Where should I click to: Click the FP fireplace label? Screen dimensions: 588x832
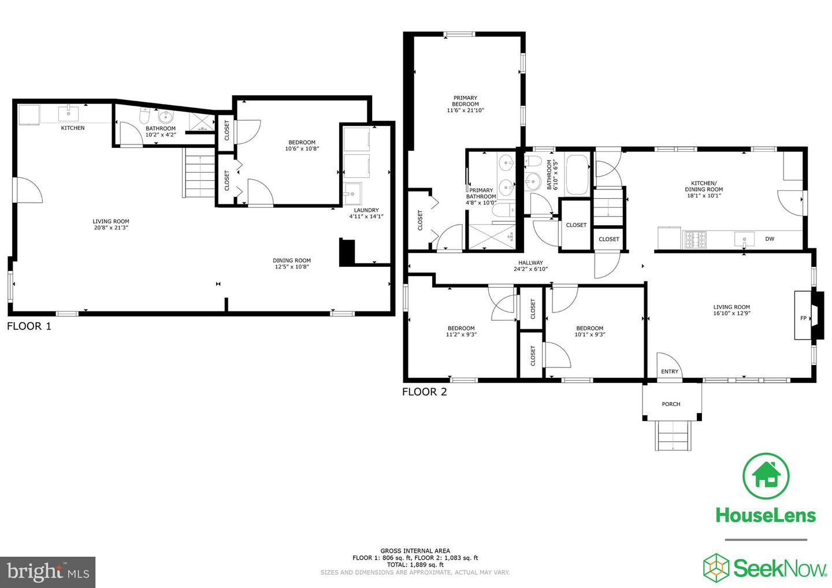[x=803, y=318]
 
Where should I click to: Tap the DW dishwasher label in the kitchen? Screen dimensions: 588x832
[x=770, y=239]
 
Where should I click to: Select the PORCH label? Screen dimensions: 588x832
[x=671, y=404]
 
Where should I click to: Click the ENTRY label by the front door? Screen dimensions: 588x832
[x=670, y=371]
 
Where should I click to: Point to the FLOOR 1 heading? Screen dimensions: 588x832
[x=29, y=326]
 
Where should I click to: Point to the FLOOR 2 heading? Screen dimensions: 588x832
[x=424, y=392]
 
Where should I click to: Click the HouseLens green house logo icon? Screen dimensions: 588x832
[x=766, y=475]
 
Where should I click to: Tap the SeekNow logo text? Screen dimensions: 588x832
[x=779, y=569]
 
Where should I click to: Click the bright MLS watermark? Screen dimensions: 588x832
[x=47, y=572]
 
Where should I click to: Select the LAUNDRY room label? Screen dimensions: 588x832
[x=366, y=210]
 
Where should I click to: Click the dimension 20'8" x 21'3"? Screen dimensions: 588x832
[x=111, y=228]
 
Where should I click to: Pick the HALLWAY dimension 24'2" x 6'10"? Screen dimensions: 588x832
[x=530, y=269]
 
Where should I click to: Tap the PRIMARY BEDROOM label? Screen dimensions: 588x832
[x=465, y=101]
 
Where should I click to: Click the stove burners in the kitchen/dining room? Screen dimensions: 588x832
[x=695, y=238]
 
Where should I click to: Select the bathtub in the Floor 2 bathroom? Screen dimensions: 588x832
[x=577, y=174]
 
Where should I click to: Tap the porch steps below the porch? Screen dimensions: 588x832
[x=673, y=436]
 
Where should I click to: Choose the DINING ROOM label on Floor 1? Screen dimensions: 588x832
[x=292, y=260]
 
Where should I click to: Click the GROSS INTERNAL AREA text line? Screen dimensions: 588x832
[x=415, y=551]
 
